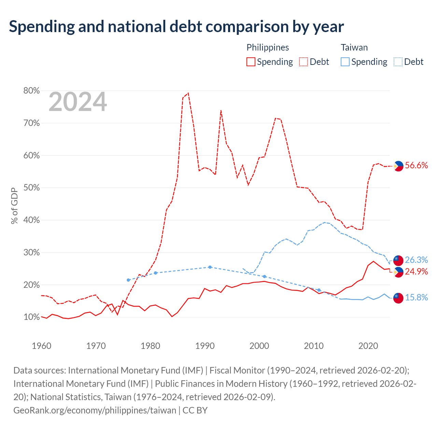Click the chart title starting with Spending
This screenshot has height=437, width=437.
176,27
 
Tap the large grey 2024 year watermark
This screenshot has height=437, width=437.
77,102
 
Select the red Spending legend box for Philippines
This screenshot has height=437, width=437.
251,62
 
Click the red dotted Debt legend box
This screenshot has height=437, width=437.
303,62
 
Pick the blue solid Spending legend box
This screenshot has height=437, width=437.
345,62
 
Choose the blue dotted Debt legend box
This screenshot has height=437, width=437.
397,62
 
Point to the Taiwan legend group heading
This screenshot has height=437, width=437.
354,47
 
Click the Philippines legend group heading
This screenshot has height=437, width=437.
268,48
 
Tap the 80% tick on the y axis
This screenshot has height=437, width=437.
31,90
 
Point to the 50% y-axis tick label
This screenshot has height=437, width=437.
31,187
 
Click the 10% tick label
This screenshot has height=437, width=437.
31,317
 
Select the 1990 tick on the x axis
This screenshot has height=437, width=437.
205,346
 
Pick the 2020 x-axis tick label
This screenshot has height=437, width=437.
368,346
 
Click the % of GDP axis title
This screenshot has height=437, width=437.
14,206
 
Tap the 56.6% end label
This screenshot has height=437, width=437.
417,165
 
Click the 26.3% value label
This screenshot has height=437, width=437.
417,260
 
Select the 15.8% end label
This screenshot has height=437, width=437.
417,297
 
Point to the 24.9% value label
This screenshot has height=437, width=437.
417,271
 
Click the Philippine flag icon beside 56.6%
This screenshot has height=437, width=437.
398,166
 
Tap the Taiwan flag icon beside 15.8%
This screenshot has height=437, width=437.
398,298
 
